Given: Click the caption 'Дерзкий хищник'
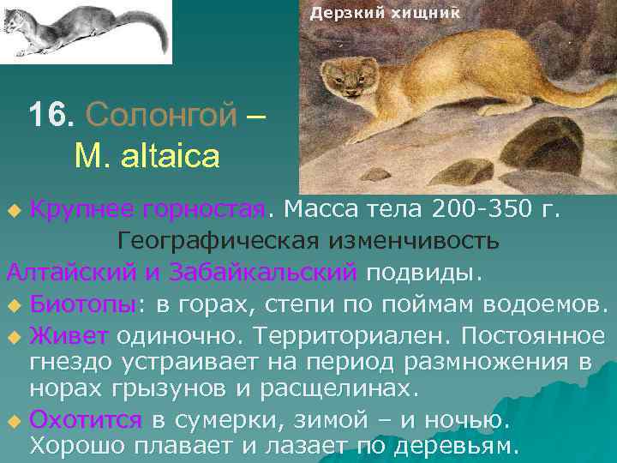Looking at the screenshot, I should click(x=385, y=13).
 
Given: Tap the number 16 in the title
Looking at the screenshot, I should click(x=46, y=114).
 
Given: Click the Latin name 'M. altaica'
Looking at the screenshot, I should click(x=147, y=156).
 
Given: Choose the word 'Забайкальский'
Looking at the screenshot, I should click(x=264, y=272).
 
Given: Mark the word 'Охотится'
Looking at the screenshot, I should click(x=86, y=420).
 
